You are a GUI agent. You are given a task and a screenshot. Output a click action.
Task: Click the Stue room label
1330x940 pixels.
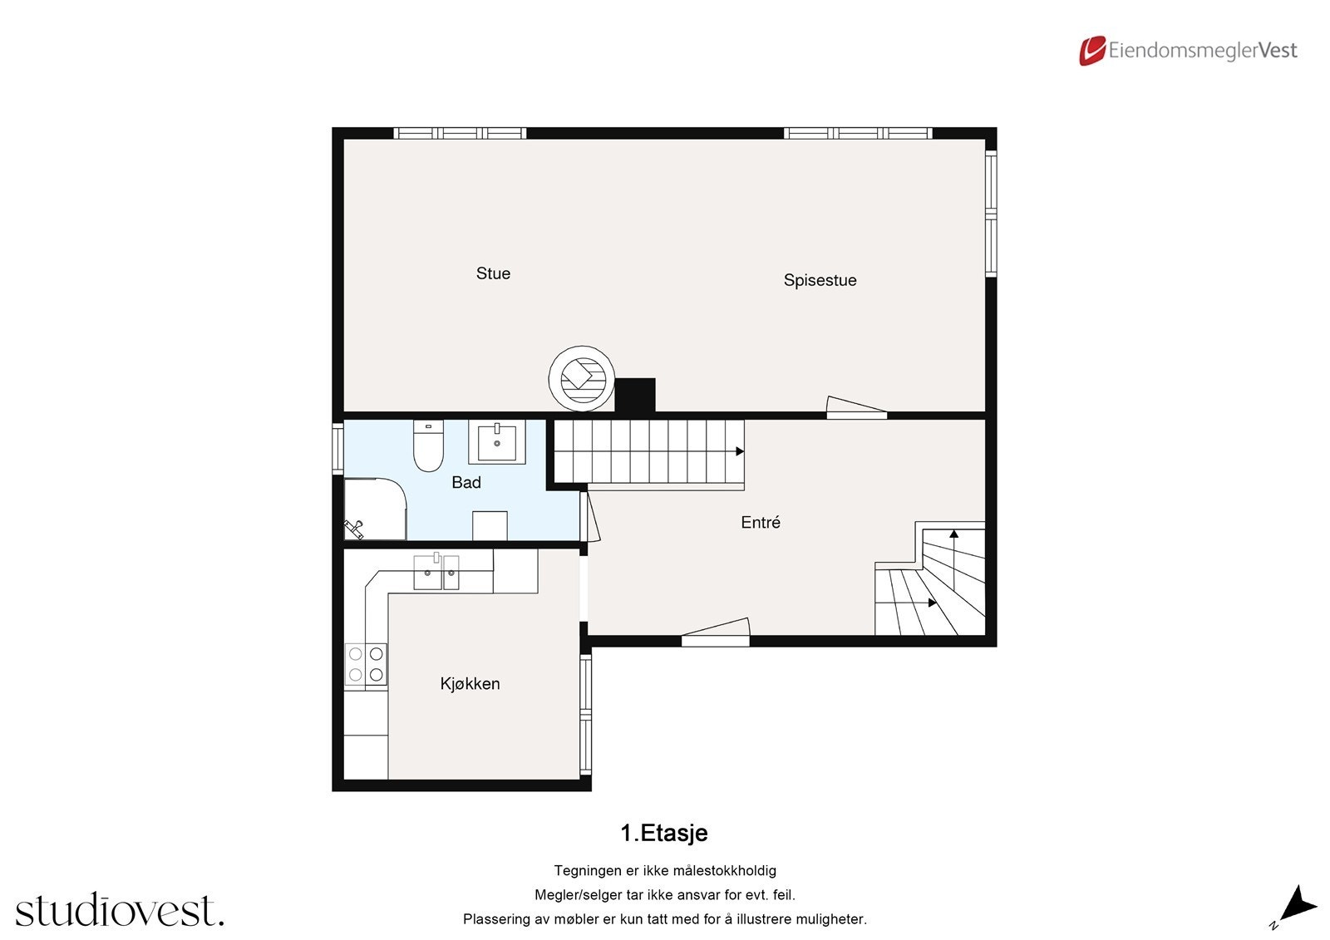click(493, 273)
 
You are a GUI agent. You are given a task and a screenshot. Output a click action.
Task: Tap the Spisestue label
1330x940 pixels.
click(820, 280)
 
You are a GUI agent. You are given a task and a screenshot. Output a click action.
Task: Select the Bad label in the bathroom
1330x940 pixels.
click(465, 482)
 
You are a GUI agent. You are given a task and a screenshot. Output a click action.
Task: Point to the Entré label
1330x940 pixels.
click(761, 522)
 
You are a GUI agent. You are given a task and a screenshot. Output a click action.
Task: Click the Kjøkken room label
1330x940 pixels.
click(470, 683)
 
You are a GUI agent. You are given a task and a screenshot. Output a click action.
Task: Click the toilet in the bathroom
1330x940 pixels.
click(428, 446)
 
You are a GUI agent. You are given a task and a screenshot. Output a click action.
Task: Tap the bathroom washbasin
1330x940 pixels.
click(497, 441)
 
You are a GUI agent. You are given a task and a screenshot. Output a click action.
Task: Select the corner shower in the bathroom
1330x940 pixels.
click(374, 509)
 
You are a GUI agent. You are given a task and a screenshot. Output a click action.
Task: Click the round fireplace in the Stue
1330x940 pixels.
click(581, 378)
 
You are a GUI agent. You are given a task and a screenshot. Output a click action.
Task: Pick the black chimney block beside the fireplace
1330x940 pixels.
click(635, 395)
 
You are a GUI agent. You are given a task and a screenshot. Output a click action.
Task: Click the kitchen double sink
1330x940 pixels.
click(436, 572)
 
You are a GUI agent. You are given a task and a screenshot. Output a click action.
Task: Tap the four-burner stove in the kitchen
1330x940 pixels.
click(366, 664)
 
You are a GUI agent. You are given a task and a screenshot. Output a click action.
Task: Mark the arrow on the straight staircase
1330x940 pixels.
click(739, 451)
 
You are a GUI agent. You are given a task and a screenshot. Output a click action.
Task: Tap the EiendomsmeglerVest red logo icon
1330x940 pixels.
click(1091, 51)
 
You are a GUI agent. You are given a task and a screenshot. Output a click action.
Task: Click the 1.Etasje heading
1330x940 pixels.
click(664, 833)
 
